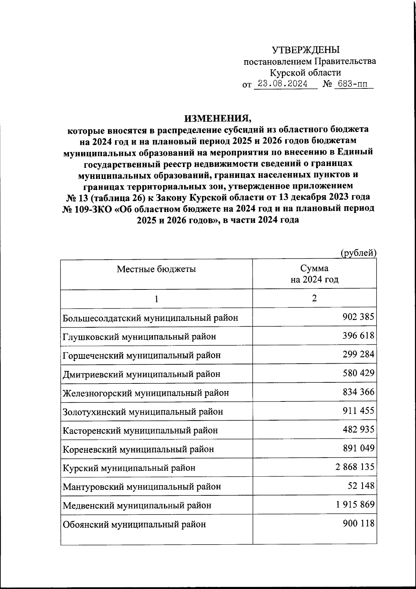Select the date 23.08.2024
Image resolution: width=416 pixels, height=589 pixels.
click(285, 84)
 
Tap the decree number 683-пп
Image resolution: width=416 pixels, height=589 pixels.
click(354, 84)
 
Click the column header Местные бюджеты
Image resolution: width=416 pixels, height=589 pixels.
click(156, 269)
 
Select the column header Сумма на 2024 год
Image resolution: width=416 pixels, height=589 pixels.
click(314, 274)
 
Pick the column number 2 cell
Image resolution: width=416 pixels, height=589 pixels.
click(314, 298)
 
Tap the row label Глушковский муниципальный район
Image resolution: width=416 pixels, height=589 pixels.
click(139, 336)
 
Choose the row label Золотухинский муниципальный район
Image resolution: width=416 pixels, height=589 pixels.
click(143, 412)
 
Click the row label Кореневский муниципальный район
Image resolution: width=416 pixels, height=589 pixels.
click(138, 449)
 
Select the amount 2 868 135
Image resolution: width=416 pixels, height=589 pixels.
click(355, 467)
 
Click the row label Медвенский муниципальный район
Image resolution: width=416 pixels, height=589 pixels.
click(137, 505)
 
